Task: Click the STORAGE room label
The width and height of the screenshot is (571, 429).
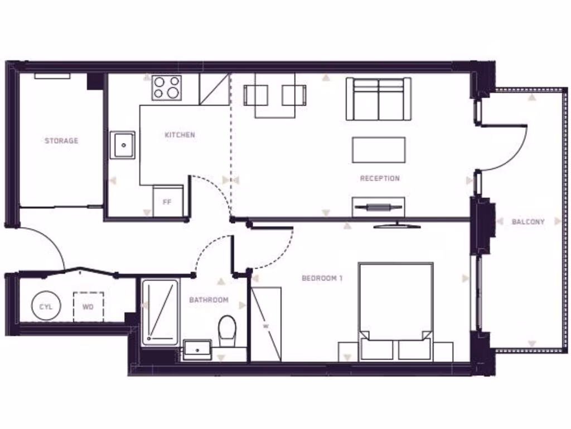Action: [61, 141]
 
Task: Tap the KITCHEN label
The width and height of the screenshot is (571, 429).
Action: [180, 135]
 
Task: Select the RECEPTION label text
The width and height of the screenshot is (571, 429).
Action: [380, 178]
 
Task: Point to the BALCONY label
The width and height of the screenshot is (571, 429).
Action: [528, 222]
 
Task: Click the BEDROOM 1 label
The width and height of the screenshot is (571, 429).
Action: [322, 278]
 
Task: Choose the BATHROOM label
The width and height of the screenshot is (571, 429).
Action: [209, 300]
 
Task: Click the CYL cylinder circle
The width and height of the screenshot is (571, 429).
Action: [46, 307]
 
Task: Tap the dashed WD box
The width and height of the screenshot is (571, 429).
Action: [88, 307]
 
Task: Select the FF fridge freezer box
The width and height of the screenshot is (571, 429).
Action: [167, 202]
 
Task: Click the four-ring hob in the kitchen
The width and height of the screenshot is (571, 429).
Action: [167, 88]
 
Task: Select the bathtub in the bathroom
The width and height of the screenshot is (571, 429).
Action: [160, 312]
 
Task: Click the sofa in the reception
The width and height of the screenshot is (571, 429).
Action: [379, 99]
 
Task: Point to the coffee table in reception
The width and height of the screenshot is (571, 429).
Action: [379, 150]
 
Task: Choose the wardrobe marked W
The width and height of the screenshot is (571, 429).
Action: [266, 324]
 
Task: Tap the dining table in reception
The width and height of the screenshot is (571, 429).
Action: [275, 95]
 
